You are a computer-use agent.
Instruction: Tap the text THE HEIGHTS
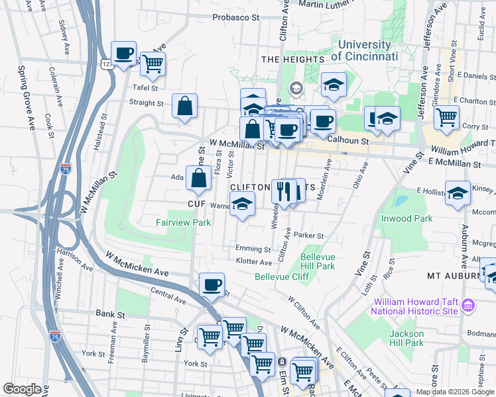(292, 60)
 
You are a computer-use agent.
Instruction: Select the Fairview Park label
(184, 222)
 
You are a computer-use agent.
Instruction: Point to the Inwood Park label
(406, 218)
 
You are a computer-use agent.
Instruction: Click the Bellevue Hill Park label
(318, 261)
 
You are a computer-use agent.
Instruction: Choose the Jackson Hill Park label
(406, 337)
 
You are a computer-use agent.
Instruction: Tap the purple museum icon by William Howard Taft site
(468, 305)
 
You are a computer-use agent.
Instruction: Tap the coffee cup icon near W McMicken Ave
(212, 285)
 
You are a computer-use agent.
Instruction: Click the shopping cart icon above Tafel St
(153, 64)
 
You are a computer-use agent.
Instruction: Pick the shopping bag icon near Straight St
(184, 106)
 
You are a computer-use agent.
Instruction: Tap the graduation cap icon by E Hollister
(458, 193)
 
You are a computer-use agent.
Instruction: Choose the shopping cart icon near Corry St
(447, 118)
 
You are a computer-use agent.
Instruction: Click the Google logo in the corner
(22, 389)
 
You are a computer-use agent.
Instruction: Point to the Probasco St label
(235, 18)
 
